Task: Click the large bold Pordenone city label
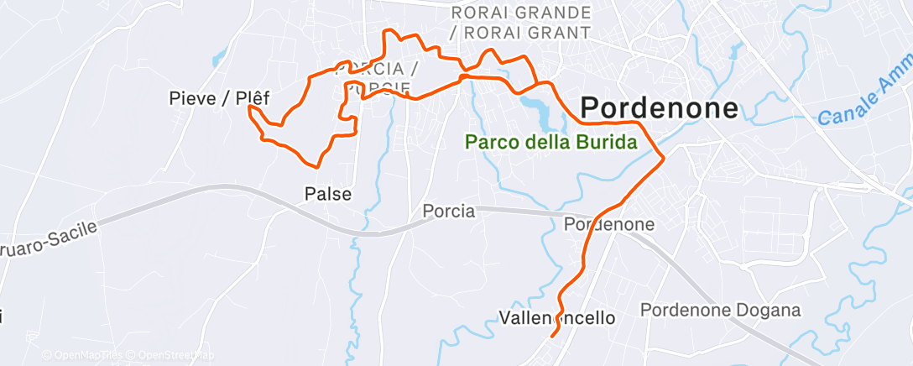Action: tap(660, 108)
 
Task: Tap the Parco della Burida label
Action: tap(551, 143)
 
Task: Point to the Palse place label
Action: tap(327, 194)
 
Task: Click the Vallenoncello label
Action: tap(556, 318)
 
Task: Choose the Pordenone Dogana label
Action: tap(720, 311)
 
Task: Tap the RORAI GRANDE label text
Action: tap(520, 13)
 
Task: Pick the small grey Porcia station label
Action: tap(448, 212)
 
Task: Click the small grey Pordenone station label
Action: tap(608, 225)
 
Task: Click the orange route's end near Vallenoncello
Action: tap(552, 337)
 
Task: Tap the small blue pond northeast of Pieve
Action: tap(219, 59)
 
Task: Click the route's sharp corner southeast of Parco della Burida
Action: tap(664, 157)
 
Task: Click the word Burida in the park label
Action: tap(605, 143)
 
